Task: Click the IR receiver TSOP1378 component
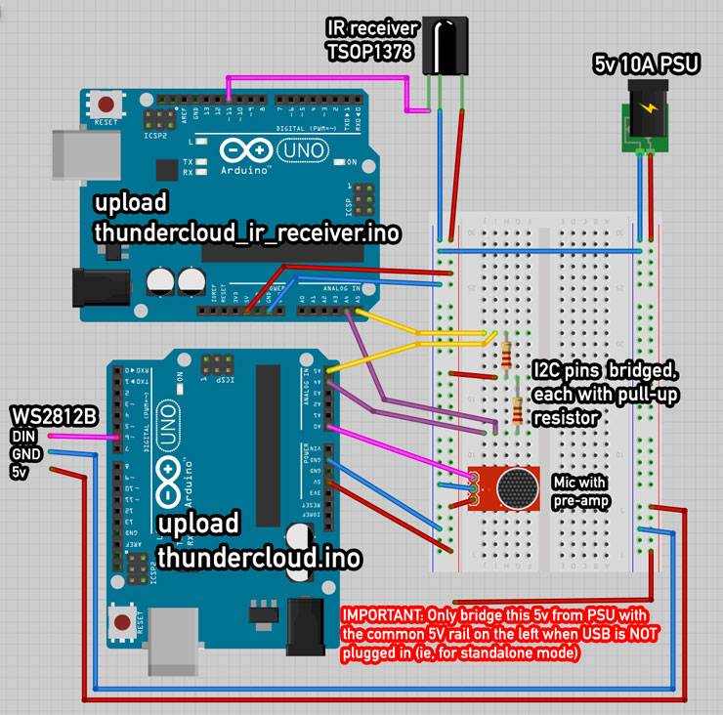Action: coord(445,50)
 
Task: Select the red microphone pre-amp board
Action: coord(509,487)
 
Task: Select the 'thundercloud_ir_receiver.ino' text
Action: coord(247,232)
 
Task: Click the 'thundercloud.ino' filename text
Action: coord(259,557)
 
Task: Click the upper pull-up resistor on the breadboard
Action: coord(505,355)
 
